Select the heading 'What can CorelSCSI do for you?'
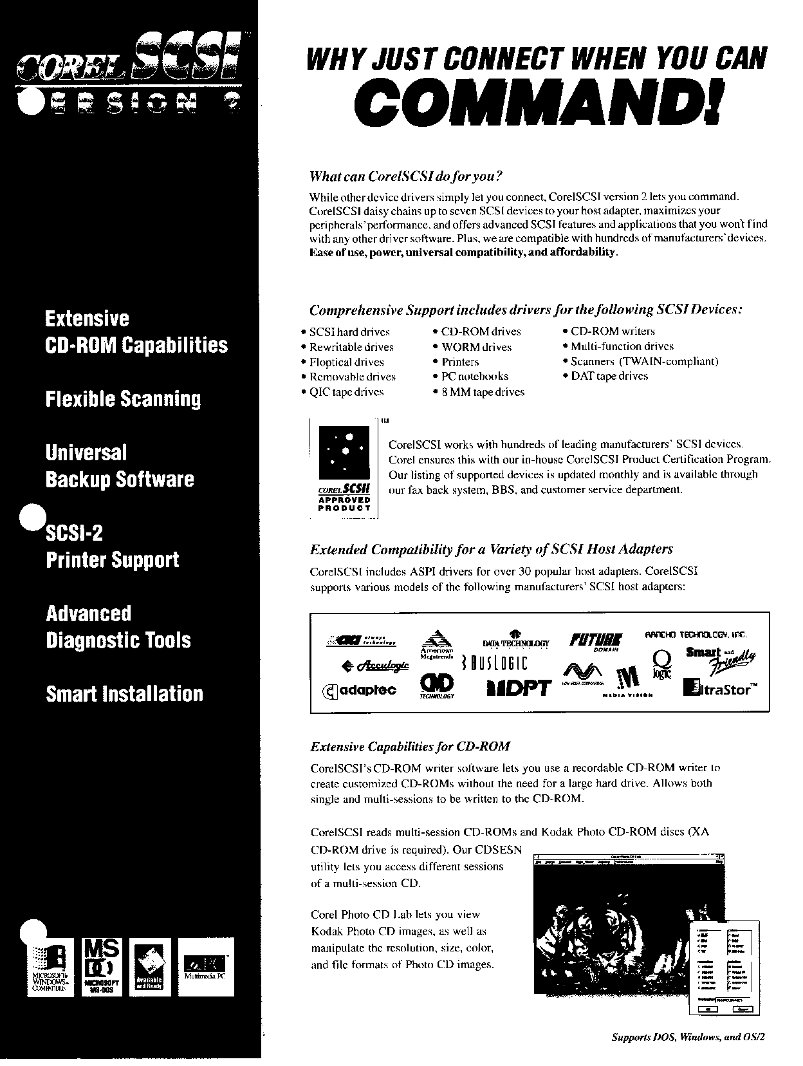[405, 176]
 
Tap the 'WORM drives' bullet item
[476, 347]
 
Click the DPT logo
[519, 688]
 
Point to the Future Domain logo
[596, 641]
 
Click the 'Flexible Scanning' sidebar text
[123, 399]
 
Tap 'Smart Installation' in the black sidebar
[124, 694]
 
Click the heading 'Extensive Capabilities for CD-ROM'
[410, 747]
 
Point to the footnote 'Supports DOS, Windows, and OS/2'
[688, 1037]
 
